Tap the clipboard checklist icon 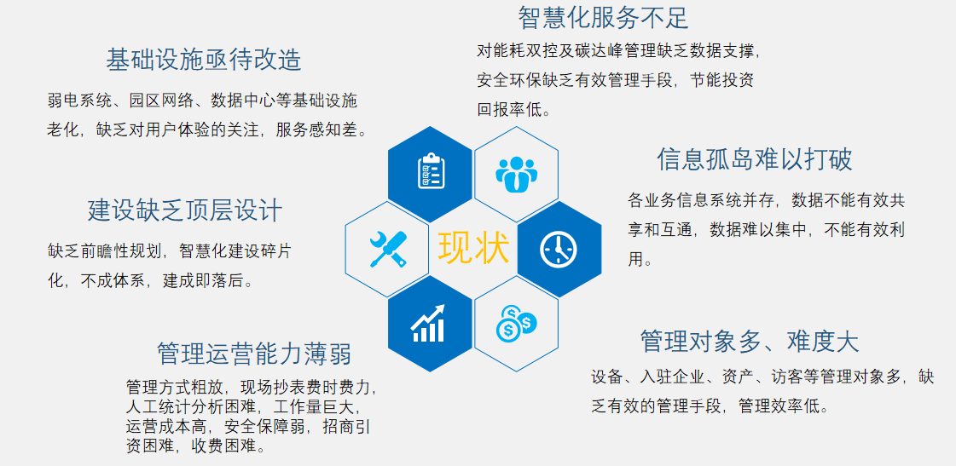pyautogui.click(x=431, y=172)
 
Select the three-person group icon pyautogui.click(x=516, y=174)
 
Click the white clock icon pyautogui.click(x=559, y=249)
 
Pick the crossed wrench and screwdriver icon pyautogui.click(x=388, y=249)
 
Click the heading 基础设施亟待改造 pyautogui.click(x=204, y=60)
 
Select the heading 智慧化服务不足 pyautogui.click(x=603, y=18)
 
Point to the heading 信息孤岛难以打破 pyautogui.click(x=754, y=159)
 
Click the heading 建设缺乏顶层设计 pyautogui.click(x=185, y=210)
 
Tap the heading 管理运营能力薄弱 pyautogui.click(x=254, y=354)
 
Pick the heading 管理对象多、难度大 pyautogui.click(x=750, y=341)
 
